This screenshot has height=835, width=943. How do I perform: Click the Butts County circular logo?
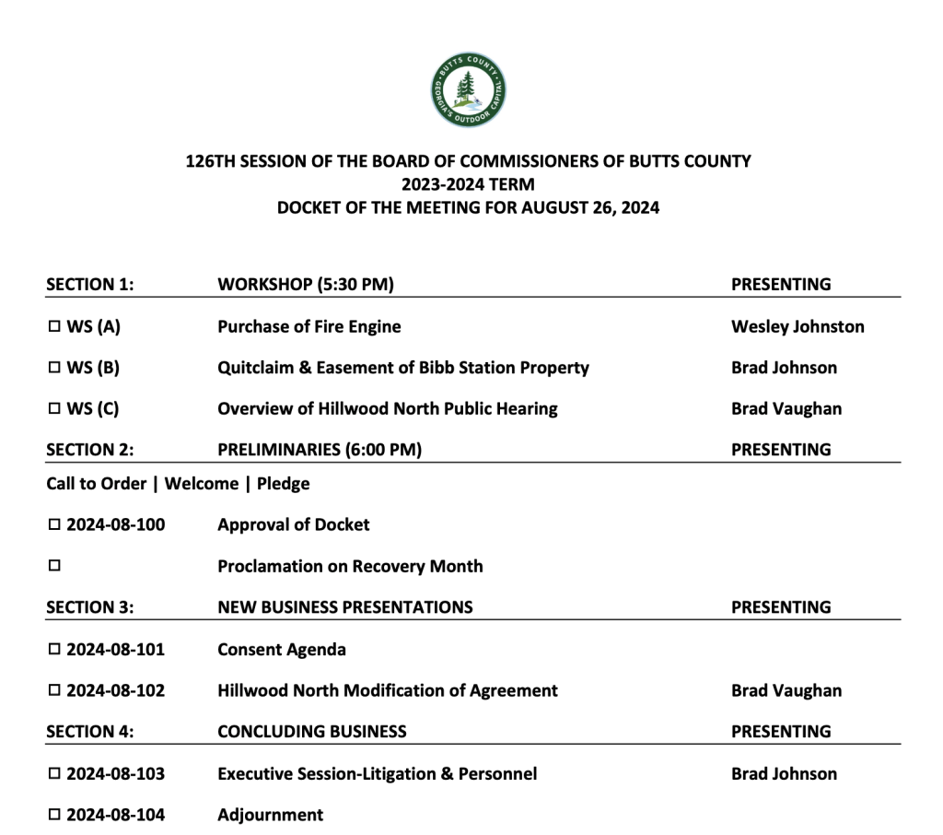pos(469,90)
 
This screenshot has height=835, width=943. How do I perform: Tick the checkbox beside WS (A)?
pos(53,327)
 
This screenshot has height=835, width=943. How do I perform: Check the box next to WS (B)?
pos(53,369)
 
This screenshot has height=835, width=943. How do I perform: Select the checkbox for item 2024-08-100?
pos(53,525)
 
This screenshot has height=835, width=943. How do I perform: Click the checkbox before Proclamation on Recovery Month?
pos(53,567)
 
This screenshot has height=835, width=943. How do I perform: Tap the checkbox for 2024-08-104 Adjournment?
pos(53,816)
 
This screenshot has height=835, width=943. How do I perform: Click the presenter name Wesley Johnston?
pos(797,326)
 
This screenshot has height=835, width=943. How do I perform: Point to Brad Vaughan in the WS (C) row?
pos(786,409)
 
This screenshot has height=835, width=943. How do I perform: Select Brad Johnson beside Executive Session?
pos(784,773)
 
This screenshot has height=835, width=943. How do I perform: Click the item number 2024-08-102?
pos(115,690)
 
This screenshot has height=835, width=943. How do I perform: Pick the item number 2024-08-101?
pos(115,649)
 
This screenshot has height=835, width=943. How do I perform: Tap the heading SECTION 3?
pos(90,607)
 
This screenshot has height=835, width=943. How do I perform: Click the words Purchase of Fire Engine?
pos(309,326)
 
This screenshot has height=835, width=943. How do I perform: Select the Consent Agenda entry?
pos(282,649)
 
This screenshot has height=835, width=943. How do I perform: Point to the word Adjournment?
pos(270,815)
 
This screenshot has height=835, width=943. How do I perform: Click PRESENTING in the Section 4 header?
pos(780,732)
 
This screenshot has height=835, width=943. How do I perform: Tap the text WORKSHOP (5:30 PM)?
pos(305,285)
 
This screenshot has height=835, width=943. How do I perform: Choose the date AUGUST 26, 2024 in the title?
pos(590,207)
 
